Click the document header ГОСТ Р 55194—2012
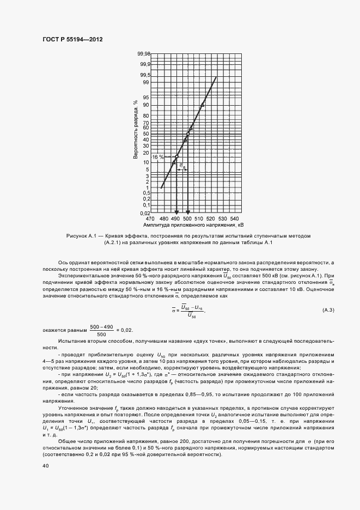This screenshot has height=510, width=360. point(72,40)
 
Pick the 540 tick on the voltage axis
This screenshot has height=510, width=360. point(235,218)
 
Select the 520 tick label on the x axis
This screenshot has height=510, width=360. point(211,218)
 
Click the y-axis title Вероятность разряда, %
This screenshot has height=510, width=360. point(135,129)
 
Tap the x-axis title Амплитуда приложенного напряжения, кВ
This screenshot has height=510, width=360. point(193,224)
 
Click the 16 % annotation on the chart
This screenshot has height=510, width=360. point(157,157)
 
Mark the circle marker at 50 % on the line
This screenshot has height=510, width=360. point(188,134)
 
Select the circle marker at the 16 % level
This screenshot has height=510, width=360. point(176,157)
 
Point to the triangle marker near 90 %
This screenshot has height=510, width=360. point(202,105)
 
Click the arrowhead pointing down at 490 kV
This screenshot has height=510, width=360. point(176,212)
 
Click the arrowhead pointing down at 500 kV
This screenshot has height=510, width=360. point(188,212)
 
